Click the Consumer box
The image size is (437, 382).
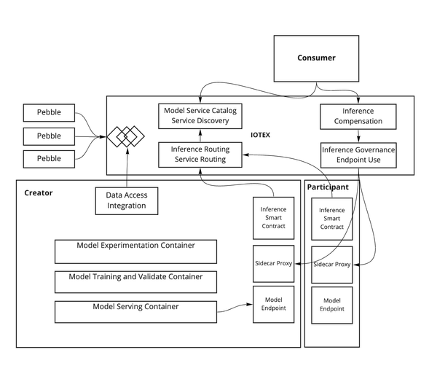pyautogui.click(x=316, y=58)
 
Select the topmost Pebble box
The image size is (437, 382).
pyautogui.click(x=50, y=113)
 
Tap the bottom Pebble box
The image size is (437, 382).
pyautogui.click(x=50, y=158)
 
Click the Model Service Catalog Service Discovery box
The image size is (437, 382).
pyautogui.click(x=200, y=115)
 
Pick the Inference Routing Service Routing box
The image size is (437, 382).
pyautogui.click(x=200, y=155)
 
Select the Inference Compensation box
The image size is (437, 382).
pyautogui.click(x=358, y=117)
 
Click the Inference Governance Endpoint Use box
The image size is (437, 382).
pyautogui.click(x=358, y=155)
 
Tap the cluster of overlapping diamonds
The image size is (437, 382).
pyautogui.click(x=125, y=136)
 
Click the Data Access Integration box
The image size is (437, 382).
pyautogui.click(x=126, y=200)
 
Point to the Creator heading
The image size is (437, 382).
pyautogui.click(x=38, y=192)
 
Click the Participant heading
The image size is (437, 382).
pyautogui.click(x=328, y=187)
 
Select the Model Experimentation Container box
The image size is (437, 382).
pyautogui.click(x=135, y=251)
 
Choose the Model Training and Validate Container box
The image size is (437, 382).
pyautogui.click(x=135, y=281)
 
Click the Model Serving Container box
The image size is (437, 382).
pyautogui.click(x=135, y=311)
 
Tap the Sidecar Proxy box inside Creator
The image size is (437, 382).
pyautogui.click(x=273, y=265)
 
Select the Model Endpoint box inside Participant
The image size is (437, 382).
pyautogui.click(x=332, y=305)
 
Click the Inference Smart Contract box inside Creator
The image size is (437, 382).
pyautogui.click(x=273, y=217)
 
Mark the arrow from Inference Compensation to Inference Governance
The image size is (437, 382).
pyautogui.click(x=358, y=136)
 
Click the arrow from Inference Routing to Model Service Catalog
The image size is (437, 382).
pyautogui.click(x=200, y=136)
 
